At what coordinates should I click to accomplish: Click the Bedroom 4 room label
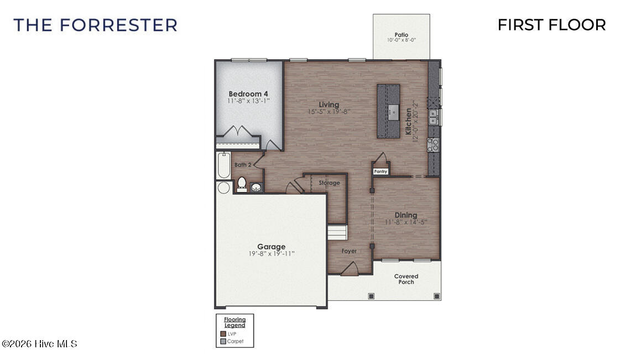click(248, 93)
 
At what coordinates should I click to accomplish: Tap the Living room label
click(329, 105)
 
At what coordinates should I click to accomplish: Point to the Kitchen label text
click(409, 121)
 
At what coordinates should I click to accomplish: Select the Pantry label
click(380, 171)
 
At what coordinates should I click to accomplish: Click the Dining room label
click(405, 215)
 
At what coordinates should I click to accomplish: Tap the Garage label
click(271, 247)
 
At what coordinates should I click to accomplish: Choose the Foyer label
click(349, 251)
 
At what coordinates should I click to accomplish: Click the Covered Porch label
click(406, 279)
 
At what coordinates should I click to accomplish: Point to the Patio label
click(402, 35)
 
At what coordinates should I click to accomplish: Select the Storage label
click(329, 183)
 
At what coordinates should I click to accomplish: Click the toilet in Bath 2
click(242, 184)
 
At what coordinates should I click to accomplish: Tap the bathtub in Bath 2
click(223, 165)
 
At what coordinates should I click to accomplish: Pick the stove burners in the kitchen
click(434, 145)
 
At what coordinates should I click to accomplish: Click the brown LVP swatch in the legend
click(223, 333)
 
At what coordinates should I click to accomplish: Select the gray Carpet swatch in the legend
click(223, 341)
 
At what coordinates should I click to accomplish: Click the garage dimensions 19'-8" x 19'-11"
click(271, 254)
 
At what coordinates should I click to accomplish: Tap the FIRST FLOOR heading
click(551, 25)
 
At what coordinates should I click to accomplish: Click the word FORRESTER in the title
click(118, 25)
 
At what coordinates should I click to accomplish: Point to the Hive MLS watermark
click(40, 344)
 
